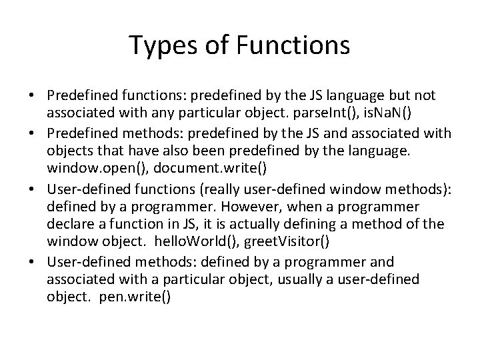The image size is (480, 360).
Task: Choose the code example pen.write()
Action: click(139, 296)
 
